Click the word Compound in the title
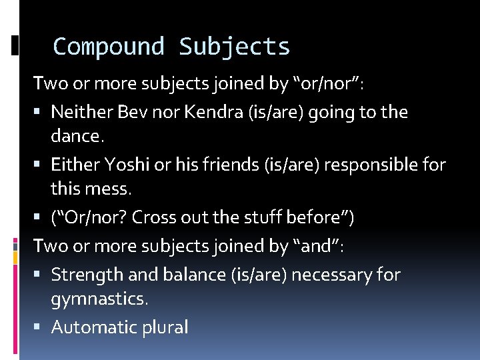coord(109,47)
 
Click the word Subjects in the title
coord(234,47)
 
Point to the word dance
coord(77,136)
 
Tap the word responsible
coord(362,165)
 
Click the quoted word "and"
coord(317,245)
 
